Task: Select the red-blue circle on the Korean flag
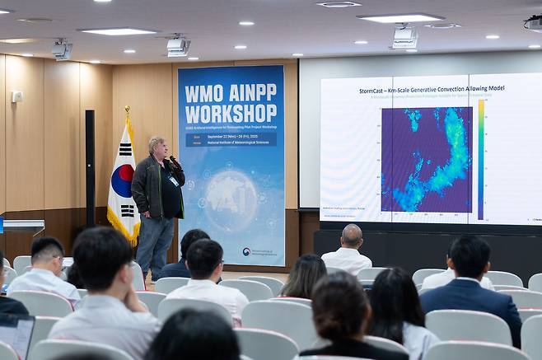click(x=122, y=180)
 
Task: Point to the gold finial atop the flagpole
click(x=127, y=110)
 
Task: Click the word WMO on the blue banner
click(x=203, y=93)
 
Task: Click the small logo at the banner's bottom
click(x=247, y=252)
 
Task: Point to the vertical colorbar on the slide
click(x=481, y=159)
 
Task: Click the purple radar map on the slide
click(x=426, y=159)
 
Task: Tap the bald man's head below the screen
click(x=351, y=236)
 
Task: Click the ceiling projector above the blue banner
click(x=178, y=46)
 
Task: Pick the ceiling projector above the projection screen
click(x=404, y=37)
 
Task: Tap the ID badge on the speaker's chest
click(x=173, y=180)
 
